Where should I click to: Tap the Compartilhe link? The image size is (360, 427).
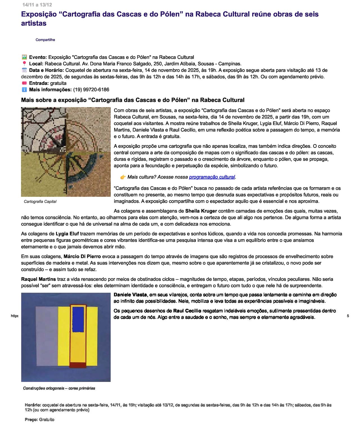click(x=45, y=40)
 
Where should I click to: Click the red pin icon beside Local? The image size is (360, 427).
click(x=24, y=64)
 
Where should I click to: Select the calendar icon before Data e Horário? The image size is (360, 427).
click(x=24, y=70)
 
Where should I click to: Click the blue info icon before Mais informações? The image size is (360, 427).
click(x=24, y=90)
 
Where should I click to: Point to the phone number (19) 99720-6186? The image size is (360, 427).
click(x=91, y=90)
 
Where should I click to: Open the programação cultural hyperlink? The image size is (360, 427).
click(x=212, y=177)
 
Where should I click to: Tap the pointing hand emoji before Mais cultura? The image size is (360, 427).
click(x=123, y=177)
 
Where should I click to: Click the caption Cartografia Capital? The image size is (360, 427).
click(x=40, y=202)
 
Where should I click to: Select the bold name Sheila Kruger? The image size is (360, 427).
click(x=201, y=211)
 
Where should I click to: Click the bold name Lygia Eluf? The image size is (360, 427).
click(x=67, y=234)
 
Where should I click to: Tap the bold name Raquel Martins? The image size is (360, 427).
click(x=39, y=279)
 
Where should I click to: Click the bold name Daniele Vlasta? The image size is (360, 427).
click(x=130, y=295)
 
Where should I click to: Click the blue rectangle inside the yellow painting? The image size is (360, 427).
click(x=78, y=320)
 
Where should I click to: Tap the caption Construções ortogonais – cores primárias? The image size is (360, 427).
click(x=59, y=388)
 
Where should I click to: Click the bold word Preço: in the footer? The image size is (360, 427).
click(x=31, y=420)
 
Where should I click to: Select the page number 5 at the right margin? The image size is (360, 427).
click(x=348, y=316)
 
